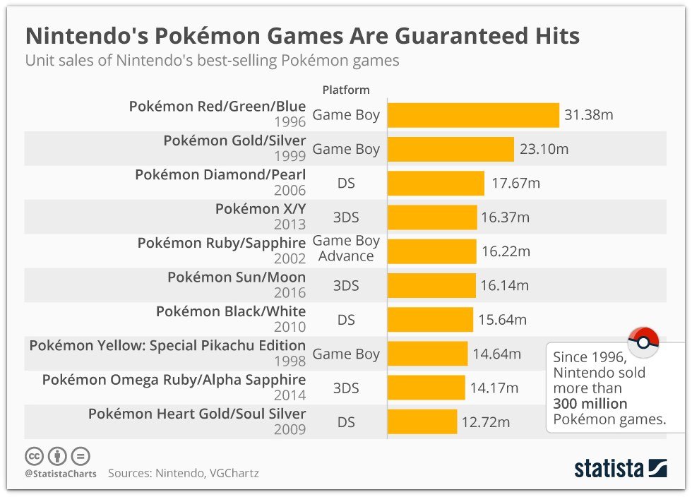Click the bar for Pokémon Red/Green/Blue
[473, 115]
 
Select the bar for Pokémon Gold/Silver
[451, 150]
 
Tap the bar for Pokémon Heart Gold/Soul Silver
[422, 422]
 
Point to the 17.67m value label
[515, 184]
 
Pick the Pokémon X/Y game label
[261, 209]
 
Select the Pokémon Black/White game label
[231, 311]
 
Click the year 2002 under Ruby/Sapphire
[291, 259]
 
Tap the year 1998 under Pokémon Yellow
[291, 361]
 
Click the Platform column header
[346, 90]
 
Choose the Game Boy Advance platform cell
[346, 249]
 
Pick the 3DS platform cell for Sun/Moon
[346, 286]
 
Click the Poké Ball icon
[643, 342]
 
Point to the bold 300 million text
[590, 404]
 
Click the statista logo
[620, 468]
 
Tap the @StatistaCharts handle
[61, 474]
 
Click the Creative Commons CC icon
[35, 455]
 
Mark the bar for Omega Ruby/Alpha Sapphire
[426, 388]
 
